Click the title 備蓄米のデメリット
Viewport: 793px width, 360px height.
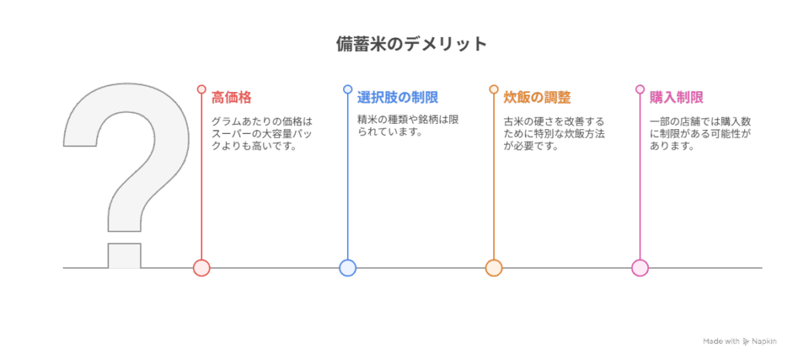pyautogui.click(x=412, y=44)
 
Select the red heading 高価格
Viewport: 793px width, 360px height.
pyautogui.click(x=231, y=98)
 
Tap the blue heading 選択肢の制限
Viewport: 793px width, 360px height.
pyautogui.click(x=397, y=98)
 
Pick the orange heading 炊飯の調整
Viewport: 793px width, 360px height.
pyautogui.click(x=537, y=98)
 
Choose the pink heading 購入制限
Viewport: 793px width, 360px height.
pyautogui.click(x=676, y=98)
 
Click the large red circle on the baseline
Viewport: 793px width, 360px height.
pyautogui.click(x=201, y=267)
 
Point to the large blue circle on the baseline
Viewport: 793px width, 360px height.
pyautogui.click(x=348, y=267)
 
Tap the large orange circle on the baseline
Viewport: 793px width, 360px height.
pyautogui.click(x=493, y=267)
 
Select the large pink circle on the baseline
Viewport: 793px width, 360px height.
pyautogui.click(x=640, y=267)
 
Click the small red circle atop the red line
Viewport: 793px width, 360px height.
pyautogui.click(x=201, y=90)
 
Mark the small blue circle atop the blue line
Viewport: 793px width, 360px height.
pyautogui.click(x=348, y=90)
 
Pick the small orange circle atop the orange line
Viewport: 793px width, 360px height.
pyautogui.click(x=493, y=90)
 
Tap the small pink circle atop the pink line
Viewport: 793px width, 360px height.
pyautogui.click(x=640, y=90)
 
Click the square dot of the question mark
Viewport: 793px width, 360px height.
pyautogui.click(x=125, y=255)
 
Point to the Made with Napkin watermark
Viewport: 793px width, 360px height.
pyautogui.click(x=740, y=341)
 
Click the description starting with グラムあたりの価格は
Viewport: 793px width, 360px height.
pyautogui.click(x=262, y=135)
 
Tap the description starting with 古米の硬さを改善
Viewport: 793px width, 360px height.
pyautogui.click(x=554, y=135)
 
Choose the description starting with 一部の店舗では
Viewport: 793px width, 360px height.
pyautogui.click(x=700, y=135)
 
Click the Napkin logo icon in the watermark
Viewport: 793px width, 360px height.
pyautogui.click(x=746, y=341)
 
